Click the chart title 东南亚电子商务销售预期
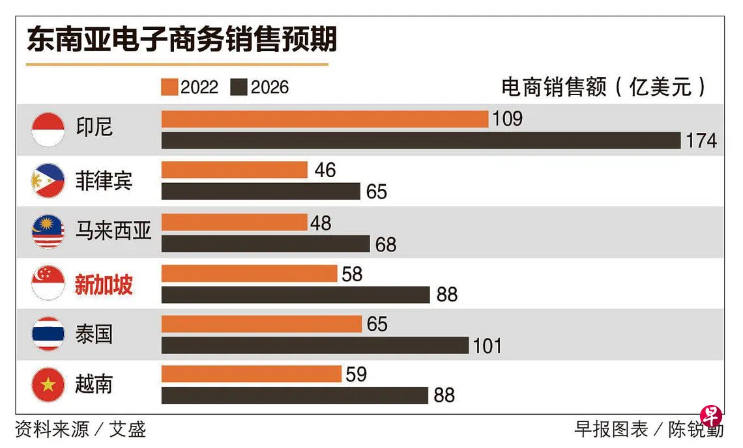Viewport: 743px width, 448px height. pos(182,40)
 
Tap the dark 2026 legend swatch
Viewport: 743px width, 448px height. pos(239,87)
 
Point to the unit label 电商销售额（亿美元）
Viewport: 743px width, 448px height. pos(604,87)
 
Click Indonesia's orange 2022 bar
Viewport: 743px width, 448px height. pos(325,119)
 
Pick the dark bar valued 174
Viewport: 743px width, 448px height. pos(421,141)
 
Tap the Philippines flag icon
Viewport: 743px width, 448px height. pos(48,180)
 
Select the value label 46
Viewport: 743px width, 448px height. pos(325,170)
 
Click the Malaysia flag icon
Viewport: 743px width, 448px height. pos(48,232)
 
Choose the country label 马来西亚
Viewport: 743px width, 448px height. pos(113,231)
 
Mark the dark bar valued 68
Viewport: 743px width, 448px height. pos(265,244)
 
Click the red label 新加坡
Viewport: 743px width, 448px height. pos(104,285)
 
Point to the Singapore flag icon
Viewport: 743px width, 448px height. pos(48,283)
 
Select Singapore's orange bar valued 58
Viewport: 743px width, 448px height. pos(249,273)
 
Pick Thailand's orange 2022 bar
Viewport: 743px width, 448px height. pos(261,324)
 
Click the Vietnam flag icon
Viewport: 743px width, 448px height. pos(48,385)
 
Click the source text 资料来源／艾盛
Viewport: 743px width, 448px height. pos(80,429)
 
